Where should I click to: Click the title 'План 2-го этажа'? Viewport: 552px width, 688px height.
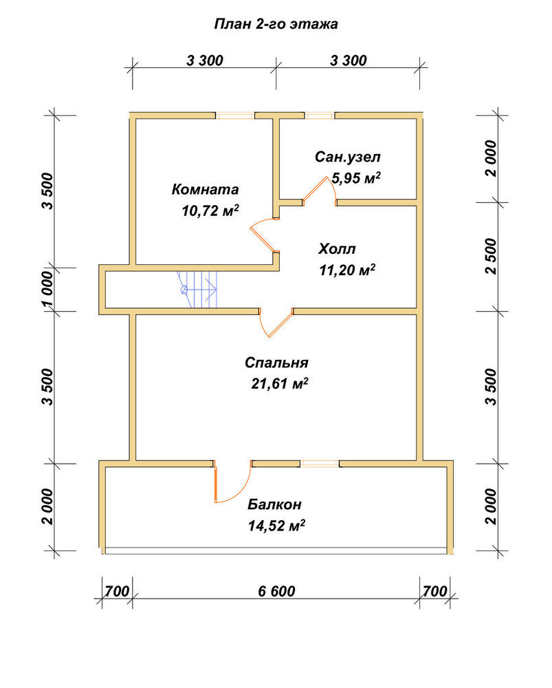click(x=276, y=23)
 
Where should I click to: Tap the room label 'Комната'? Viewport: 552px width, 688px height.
click(x=205, y=189)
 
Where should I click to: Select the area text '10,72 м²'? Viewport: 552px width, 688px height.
click(x=210, y=210)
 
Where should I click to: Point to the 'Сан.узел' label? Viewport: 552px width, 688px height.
click(x=348, y=157)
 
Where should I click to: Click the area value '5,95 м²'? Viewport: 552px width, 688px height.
click(x=356, y=178)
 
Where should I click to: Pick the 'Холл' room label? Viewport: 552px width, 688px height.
click(x=337, y=249)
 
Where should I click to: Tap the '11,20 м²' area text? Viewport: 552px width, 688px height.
click(x=347, y=270)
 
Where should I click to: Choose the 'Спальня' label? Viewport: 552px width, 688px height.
click(x=276, y=363)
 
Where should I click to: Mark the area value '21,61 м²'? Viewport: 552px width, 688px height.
click(x=280, y=383)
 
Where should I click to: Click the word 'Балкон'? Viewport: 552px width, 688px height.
click(x=274, y=504)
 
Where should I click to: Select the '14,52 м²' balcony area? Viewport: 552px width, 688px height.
click(x=276, y=525)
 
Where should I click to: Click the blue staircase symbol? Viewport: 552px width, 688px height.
click(x=198, y=290)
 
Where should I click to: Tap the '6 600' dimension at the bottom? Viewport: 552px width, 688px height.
click(x=276, y=591)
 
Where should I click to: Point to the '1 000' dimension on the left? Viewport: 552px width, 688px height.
click(x=47, y=290)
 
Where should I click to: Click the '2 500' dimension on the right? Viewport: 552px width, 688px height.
click(x=492, y=257)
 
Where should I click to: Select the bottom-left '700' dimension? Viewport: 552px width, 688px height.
click(x=117, y=591)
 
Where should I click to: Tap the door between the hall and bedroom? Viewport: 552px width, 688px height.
click(x=276, y=323)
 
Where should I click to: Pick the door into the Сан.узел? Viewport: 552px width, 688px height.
click(x=319, y=191)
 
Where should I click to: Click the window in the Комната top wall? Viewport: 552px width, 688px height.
click(x=235, y=116)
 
